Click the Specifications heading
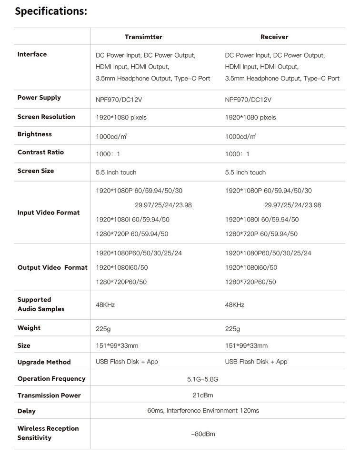click(51, 11)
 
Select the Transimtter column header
click(143, 37)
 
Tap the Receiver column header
click(274, 37)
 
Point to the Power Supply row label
click(39, 98)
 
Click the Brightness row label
click(34, 134)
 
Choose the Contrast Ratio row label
click(40, 152)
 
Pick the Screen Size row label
click(36, 171)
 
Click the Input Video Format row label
click(49, 213)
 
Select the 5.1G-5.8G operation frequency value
click(203, 379)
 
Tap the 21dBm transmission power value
click(203, 395)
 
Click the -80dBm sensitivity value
click(203, 434)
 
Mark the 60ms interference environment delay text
click(203, 410)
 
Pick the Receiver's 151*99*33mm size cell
click(246, 345)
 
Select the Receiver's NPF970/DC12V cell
click(248, 100)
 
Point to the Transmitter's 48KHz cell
click(105, 304)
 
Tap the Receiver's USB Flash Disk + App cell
click(256, 362)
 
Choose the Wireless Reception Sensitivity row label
click(48, 433)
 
